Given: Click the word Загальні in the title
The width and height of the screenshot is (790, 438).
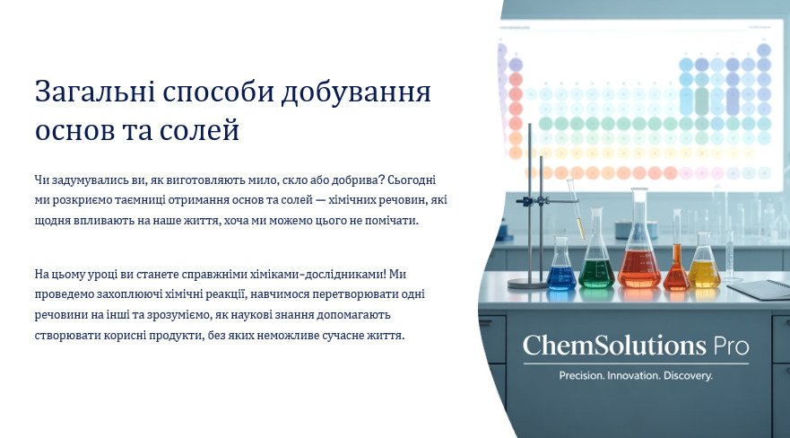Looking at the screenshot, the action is tap(94, 92).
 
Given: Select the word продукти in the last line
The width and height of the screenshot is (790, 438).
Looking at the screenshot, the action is tap(176, 336).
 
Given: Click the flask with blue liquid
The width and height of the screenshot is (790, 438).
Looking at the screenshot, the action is tap(560, 267).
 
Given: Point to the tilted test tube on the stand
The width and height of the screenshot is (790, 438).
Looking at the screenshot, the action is tap(577, 209).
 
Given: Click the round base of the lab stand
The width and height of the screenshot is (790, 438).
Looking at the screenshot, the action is tap(527, 284).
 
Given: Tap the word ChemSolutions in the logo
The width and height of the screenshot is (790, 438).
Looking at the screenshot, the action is tap(614, 346).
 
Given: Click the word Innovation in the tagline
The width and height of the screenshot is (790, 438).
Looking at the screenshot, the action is tap(634, 375).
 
